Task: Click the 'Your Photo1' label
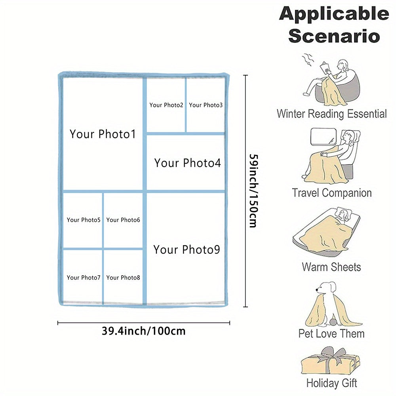(x=103, y=134)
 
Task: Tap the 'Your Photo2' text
(x=166, y=105)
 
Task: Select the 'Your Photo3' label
(x=206, y=105)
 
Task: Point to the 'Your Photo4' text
(x=187, y=163)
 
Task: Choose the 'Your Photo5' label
(x=84, y=220)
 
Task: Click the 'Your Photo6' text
(x=123, y=220)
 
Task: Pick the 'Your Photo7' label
(x=84, y=278)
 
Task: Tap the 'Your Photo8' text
(x=123, y=278)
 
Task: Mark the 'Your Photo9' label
(x=187, y=249)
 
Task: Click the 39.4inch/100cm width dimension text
(x=144, y=331)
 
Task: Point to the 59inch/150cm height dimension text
(x=253, y=190)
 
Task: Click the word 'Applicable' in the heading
(x=334, y=14)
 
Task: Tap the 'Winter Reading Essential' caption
(x=331, y=114)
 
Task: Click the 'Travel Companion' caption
(x=332, y=193)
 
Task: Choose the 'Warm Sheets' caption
(x=331, y=267)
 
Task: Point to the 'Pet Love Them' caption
(x=331, y=334)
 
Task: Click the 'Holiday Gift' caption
(x=331, y=383)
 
